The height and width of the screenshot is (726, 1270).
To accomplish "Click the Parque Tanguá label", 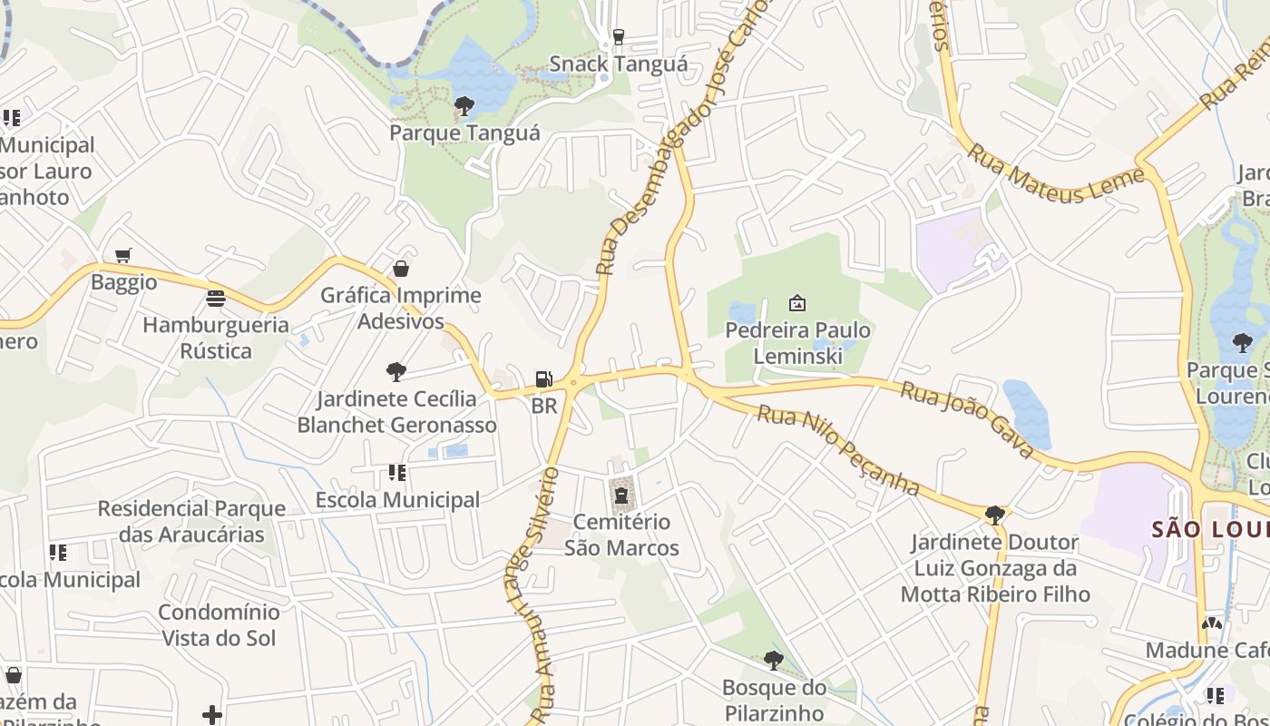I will (464, 133).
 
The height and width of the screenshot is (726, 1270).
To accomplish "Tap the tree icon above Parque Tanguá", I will (464, 106).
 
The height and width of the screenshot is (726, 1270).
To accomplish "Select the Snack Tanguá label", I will (618, 64).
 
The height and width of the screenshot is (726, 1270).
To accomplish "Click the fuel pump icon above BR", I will (543, 379).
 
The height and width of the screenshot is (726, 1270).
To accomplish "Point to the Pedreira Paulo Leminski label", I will (797, 343).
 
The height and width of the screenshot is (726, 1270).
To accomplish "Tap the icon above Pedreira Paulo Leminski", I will (797, 303).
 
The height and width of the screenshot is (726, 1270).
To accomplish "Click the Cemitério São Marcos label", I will (621, 535).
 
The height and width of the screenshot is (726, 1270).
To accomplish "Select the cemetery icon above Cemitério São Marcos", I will (621, 495).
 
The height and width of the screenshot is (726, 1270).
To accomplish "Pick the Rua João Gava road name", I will (967, 419).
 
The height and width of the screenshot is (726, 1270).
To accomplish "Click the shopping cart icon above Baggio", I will (123, 256).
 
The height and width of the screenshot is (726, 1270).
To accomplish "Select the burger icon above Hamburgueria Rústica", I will (216, 298).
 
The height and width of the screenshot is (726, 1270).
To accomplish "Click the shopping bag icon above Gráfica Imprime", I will (401, 269).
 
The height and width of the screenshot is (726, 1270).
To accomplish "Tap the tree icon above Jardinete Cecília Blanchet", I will (396, 371).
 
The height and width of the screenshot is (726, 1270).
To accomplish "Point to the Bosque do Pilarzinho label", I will (774, 700).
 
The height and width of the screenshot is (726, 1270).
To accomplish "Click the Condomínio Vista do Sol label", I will (219, 624).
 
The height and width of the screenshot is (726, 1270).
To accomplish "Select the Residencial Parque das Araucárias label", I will (191, 521).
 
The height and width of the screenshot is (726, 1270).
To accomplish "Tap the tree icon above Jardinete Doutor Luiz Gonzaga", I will (994, 515).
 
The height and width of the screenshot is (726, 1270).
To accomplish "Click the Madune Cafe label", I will (1206, 650).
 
